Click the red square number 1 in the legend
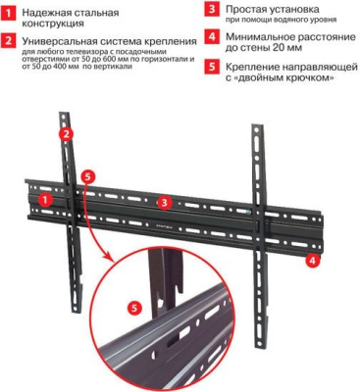click(9, 14)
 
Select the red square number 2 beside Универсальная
click(9, 43)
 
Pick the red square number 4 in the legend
click(211, 36)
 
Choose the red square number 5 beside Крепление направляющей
click(211, 66)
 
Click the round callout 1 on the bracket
click(44, 198)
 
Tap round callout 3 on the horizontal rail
click(166, 202)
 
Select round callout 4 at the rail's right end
click(311, 261)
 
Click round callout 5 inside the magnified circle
click(134, 308)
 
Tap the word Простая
click(246, 8)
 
